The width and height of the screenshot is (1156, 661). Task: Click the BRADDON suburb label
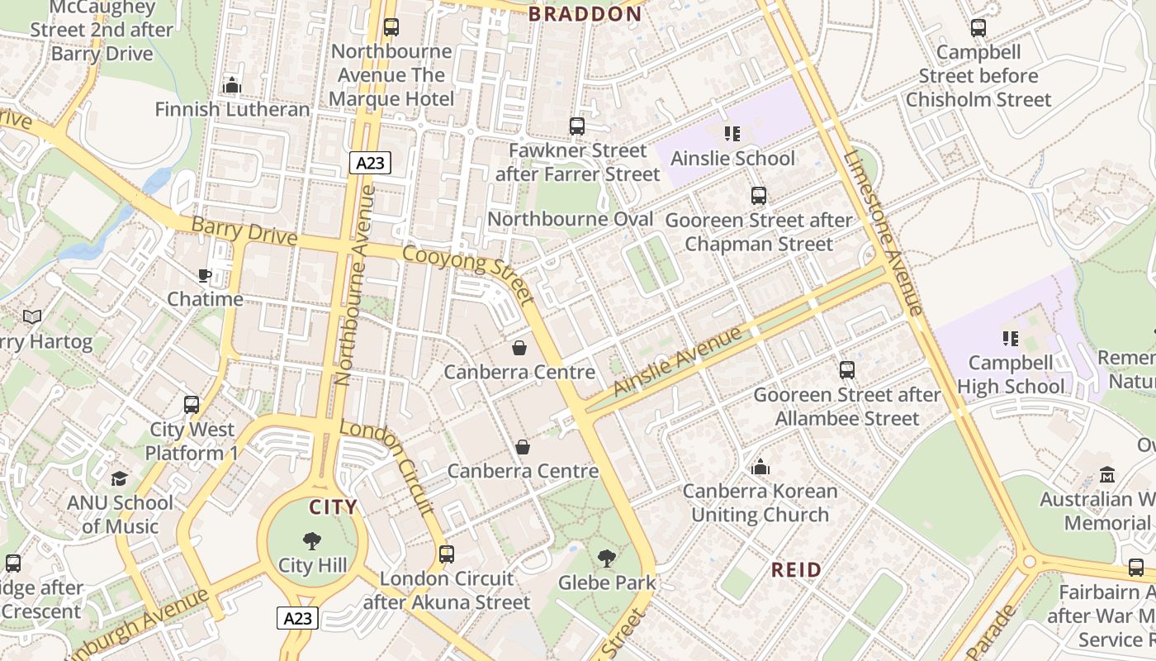tap(585, 14)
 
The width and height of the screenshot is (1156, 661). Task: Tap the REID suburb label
tap(797, 569)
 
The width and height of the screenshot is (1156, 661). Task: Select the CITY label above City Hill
tap(334, 507)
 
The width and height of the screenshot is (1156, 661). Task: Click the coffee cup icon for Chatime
tap(205, 275)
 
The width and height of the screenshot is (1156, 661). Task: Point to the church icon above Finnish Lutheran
tap(232, 85)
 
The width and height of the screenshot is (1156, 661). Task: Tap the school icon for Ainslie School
tap(732, 133)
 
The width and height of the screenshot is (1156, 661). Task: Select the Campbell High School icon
tap(1010, 339)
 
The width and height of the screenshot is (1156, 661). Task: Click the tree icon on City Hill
tap(312, 541)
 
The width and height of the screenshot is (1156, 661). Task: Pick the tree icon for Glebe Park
tap(607, 559)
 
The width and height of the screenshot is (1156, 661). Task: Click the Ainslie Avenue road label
tap(678, 361)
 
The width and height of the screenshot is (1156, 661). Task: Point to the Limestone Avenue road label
tap(882, 233)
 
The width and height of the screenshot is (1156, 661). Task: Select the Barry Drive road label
tap(244, 231)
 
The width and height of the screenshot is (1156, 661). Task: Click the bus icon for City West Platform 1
tap(192, 405)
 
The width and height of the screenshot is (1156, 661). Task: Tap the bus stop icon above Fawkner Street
tap(577, 126)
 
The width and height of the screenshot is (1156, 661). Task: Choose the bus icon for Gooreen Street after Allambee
tap(847, 370)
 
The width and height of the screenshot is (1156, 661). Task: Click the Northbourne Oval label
tap(571, 219)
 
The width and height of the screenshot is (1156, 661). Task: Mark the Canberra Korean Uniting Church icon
tap(760, 467)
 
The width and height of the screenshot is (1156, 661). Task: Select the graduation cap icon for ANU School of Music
tap(120, 478)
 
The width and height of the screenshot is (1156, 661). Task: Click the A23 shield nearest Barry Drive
tap(369, 163)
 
